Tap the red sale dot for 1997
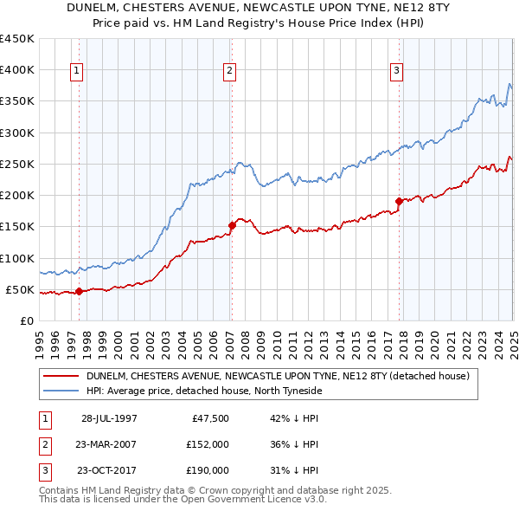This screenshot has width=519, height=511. click(79, 291)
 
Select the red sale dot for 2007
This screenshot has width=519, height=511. click(232, 225)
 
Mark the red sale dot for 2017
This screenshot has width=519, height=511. click(399, 201)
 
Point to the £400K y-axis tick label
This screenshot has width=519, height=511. click(17, 70)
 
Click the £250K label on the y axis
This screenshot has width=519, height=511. click(17, 164)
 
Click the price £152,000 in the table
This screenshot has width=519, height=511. click(207, 444)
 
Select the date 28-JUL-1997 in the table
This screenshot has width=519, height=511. click(109, 418)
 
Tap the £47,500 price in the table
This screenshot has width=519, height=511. click(208, 418)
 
